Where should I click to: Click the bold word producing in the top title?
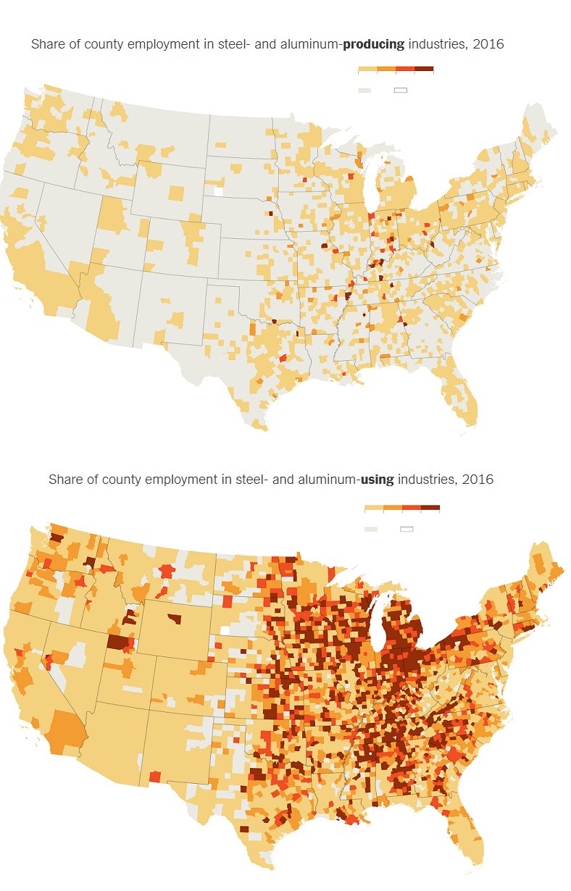(x=373, y=44)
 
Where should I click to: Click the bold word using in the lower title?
(x=378, y=480)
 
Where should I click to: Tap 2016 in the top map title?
(x=488, y=44)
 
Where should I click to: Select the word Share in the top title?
(x=46, y=44)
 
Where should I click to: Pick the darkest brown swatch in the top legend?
(x=424, y=69)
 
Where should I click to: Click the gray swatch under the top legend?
(x=364, y=90)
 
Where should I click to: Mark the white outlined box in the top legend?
(x=401, y=90)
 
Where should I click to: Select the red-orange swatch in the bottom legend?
(x=412, y=508)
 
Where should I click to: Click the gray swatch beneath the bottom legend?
(x=371, y=529)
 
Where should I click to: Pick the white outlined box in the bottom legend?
(x=407, y=529)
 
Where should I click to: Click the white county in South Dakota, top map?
(x=218, y=193)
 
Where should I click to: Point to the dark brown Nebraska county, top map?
(x=272, y=214)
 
